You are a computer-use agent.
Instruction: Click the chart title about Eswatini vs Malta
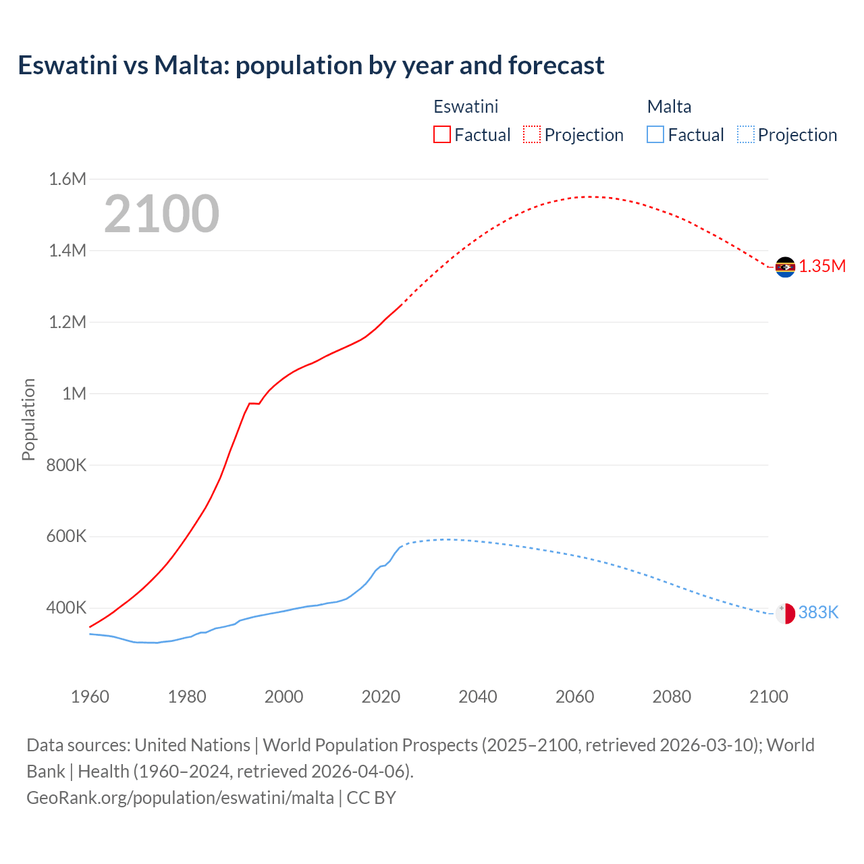pos(310,65)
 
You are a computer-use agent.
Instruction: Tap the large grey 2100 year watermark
pos(161,214)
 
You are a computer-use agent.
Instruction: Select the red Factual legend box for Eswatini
pos(441,134)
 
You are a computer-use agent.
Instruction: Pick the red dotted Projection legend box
pos(532,134)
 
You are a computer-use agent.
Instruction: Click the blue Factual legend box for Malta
pos(655,134)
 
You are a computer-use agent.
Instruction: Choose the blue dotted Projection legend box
pos(745,134)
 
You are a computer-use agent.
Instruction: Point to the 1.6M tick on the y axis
pos(67,179)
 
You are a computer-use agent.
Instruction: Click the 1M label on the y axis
pos(74,394)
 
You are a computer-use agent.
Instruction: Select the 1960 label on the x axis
pos(90,697)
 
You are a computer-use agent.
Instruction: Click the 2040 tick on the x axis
pos(478,697)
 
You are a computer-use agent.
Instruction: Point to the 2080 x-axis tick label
pos(672,697)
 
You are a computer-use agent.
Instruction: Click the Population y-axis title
pos(28,419)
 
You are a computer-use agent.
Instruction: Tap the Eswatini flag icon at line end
pos(785,267)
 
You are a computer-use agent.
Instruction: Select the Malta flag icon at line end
pos(785,613)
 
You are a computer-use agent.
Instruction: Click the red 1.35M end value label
pos(822,266)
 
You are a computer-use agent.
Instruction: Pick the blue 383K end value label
pos(818,612)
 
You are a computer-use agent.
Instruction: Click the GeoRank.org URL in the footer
pos(180,798)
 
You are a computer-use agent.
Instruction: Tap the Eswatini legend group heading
pos(466,107)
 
